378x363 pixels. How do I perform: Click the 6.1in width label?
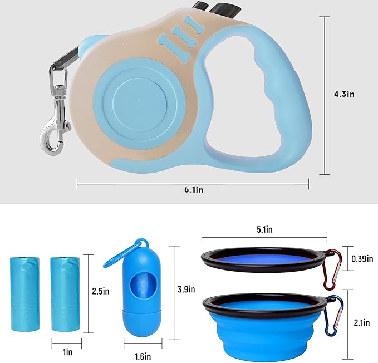click(194, 190)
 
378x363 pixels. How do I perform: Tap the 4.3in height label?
click(344, 94)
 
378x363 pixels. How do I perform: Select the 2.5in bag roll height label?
click(101, 291)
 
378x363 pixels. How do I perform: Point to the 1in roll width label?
click(68, 352)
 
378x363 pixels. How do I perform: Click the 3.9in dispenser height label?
click(186, 290)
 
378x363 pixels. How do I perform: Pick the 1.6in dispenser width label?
click(143, 356)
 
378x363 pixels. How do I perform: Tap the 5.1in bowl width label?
click(264, 229)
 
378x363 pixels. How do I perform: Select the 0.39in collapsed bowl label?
click(362, 259)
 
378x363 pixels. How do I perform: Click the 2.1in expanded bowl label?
click(362, 323)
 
